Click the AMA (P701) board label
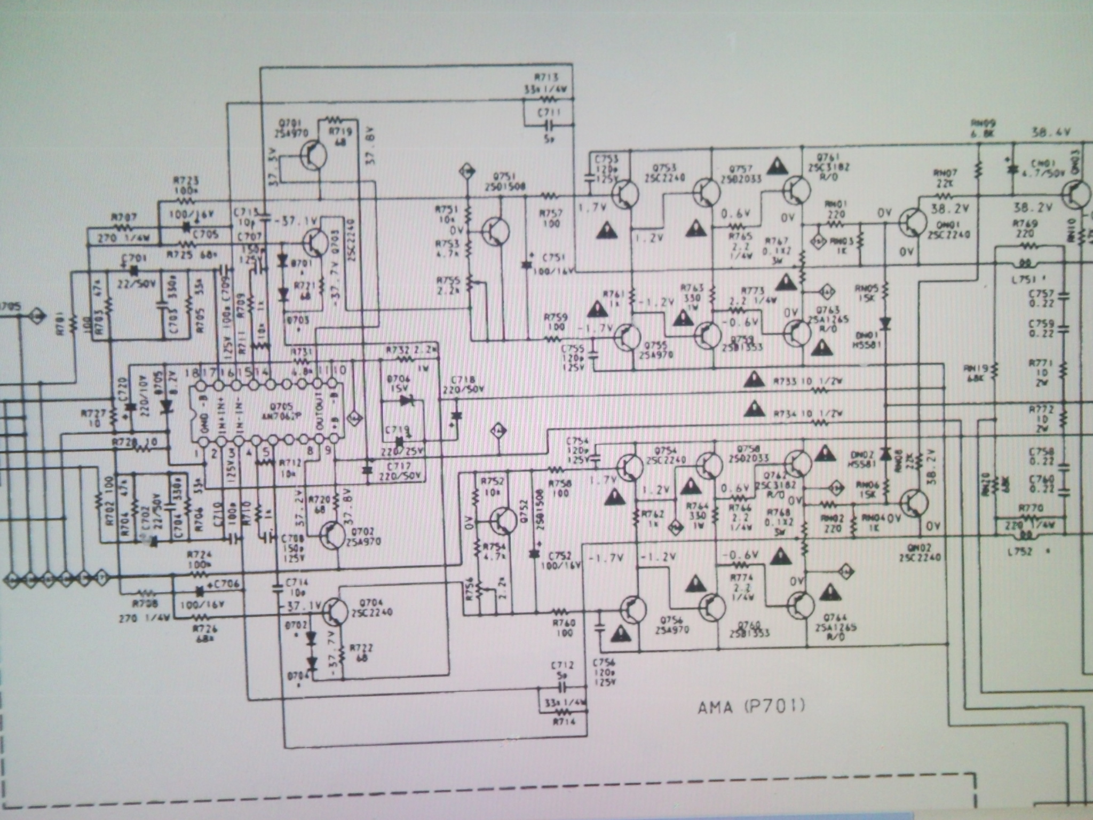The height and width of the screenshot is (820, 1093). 751,708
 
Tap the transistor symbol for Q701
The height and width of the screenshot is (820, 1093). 313,155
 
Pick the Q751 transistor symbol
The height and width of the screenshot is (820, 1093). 495,232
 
